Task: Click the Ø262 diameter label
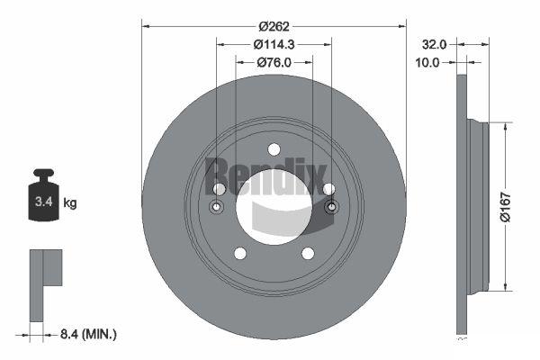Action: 274,26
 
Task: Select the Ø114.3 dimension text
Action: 274,44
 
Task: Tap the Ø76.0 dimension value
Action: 274,62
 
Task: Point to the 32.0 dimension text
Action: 435,44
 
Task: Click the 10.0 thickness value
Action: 427,63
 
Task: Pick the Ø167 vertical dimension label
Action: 505,207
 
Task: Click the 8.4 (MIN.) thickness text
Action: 88,334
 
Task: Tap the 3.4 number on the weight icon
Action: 44,202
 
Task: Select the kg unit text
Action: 70,203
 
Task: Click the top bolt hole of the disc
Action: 274,149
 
